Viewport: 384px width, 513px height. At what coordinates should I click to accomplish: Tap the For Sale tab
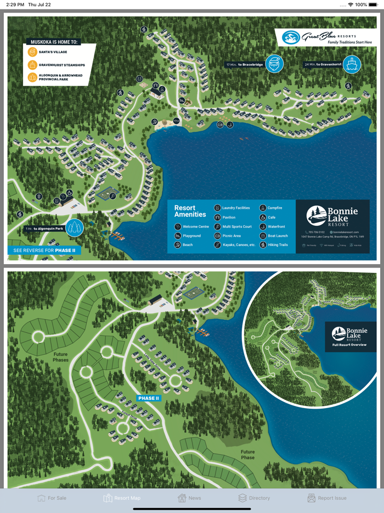(x=52, y=498)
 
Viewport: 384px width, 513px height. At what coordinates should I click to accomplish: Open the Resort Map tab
(x=122, y=498)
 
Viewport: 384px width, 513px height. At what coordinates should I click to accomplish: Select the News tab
(x=189, y=498)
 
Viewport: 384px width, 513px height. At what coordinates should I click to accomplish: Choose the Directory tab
(x=254, y=498)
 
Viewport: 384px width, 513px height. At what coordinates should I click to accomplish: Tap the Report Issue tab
(x=327, y=498)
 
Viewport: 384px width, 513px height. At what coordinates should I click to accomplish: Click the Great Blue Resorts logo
(x=326, y=37)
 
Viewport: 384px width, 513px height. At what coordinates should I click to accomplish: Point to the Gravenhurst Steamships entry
(x=58, y=65)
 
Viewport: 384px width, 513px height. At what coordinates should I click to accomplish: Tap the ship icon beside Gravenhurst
(x=352, y=64)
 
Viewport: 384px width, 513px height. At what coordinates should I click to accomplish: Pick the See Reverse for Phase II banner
(x=44, y=250)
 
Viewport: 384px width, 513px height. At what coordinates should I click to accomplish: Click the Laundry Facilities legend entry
(x=233, y=208)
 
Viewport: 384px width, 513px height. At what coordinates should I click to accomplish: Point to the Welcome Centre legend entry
(x=192, y=227)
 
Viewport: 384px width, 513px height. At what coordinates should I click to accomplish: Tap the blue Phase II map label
(x=148, y=398)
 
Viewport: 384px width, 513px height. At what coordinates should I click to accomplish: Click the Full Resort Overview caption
(x=350, y=345)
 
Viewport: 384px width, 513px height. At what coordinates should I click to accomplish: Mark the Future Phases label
(x=61, y=357)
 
